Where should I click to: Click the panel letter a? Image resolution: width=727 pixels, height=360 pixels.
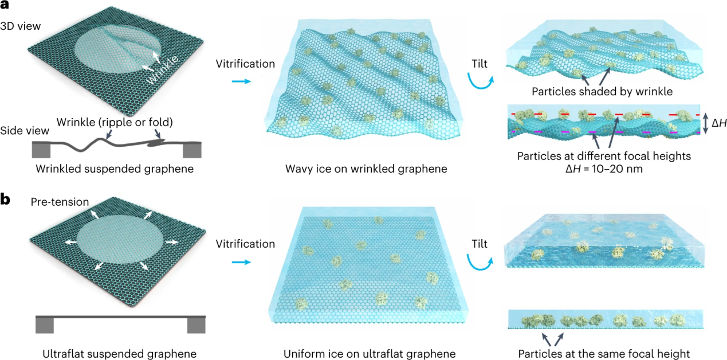click(5, 5)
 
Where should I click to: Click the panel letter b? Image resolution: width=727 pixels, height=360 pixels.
click(5, 199)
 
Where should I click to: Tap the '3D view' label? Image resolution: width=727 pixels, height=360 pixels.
click(21, 26)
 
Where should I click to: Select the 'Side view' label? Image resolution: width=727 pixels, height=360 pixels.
click(25, 131)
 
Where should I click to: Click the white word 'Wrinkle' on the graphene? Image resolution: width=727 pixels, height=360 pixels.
click(162, 70)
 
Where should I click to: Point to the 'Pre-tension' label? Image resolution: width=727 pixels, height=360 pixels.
click(60, 202)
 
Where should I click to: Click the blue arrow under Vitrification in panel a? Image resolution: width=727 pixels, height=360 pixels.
click(241, 81)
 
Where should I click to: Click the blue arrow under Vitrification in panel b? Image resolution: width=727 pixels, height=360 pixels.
click(241, 261)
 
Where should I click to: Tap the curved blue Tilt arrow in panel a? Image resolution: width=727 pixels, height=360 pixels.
click(480, 85)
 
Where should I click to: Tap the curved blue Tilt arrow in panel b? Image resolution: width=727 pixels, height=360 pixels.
click(480, 266)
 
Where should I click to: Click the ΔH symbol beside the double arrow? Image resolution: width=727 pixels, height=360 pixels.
click(718, 123)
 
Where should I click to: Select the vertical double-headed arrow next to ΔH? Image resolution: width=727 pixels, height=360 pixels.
click(705, 123)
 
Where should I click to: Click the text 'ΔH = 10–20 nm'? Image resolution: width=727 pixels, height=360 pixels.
click(604, 169)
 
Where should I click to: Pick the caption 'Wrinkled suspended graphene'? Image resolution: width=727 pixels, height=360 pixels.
click(115, 169)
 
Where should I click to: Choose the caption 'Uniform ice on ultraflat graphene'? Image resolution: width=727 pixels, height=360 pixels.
click(370, 354)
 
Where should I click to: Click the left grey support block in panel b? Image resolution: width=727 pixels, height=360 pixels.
click(45, 325)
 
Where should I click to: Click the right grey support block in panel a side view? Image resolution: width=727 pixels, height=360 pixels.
click(192, 150)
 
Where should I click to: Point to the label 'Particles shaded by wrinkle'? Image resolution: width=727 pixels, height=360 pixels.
click(602, 92)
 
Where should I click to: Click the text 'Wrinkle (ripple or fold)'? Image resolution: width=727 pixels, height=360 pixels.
click(115, 122)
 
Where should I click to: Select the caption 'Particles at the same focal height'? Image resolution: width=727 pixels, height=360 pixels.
click(604, 354)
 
